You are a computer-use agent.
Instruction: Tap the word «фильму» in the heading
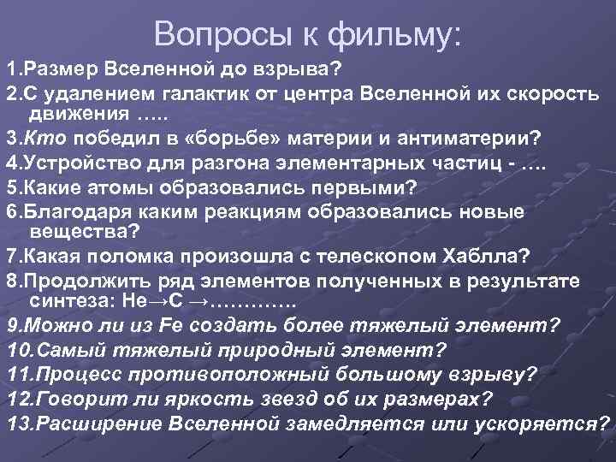pos(400,33)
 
